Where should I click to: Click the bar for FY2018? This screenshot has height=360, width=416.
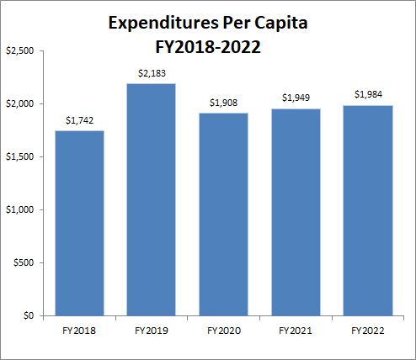pos(79,223)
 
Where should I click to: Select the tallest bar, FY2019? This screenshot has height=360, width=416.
pos(152,199)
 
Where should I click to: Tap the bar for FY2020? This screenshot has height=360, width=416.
pos(223,214)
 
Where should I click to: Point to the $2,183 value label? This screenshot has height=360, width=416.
pos(152,74)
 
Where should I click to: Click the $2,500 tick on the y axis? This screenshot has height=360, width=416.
pos(20,51)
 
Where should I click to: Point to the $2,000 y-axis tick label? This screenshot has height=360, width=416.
pos(20,104)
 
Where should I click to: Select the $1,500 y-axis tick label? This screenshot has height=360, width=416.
pos(20,157)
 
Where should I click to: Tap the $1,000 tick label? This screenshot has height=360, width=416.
pos(20,210)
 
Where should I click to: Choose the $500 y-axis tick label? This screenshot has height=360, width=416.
pos(24,263)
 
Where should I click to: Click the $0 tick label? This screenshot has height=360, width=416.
pos(28,316)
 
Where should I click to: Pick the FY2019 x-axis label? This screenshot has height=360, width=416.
pos(152,331)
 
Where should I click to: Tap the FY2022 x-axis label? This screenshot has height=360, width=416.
pos(367,331)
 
